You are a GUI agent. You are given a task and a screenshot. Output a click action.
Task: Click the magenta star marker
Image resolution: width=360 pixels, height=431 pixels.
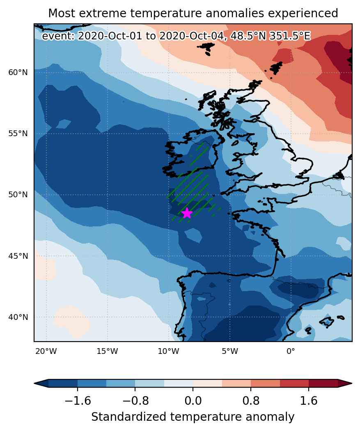click(187, 213)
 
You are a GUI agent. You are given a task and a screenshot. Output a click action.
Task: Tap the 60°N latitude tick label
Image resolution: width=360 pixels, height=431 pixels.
click(18, 73)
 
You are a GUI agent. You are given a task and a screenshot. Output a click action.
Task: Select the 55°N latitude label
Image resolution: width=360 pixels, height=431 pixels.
click(18, 134)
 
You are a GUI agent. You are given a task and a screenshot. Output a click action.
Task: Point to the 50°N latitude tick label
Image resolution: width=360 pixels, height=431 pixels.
click(18, 195)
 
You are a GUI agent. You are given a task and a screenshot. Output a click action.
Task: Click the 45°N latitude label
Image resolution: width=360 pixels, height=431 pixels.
click(18, 256)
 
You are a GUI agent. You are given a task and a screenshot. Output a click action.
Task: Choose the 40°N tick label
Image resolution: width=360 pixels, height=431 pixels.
click(18, 317)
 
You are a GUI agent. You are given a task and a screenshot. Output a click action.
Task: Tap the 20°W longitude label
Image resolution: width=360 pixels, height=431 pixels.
click(46, 351)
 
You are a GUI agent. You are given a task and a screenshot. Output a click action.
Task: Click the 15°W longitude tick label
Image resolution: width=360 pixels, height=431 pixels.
click(107, 351)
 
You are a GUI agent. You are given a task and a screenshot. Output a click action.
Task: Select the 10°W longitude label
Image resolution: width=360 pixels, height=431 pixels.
click(168, 351)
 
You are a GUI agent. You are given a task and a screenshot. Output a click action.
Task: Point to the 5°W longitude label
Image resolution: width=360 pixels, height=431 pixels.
click(230, 351)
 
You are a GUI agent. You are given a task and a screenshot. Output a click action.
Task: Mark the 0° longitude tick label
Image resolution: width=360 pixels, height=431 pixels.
click(291, 351)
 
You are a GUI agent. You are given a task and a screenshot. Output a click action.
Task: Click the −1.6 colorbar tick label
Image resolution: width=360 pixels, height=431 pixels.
click(78, 401)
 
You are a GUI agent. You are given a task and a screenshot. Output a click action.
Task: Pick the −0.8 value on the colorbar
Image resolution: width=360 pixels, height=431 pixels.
click(135, 401)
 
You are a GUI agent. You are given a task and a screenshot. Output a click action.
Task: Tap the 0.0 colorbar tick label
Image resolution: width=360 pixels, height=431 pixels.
click(193, 401)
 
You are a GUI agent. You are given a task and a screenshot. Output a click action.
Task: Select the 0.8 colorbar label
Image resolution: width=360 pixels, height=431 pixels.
click(251, 401)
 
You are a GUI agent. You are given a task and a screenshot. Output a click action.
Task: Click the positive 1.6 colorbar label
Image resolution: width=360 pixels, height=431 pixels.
click(309, 401)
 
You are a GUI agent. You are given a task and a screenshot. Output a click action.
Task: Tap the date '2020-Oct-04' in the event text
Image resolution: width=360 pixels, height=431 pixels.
click(191, 36)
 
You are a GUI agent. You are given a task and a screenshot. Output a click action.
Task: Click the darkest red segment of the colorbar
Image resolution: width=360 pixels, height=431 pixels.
click(323, 383)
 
